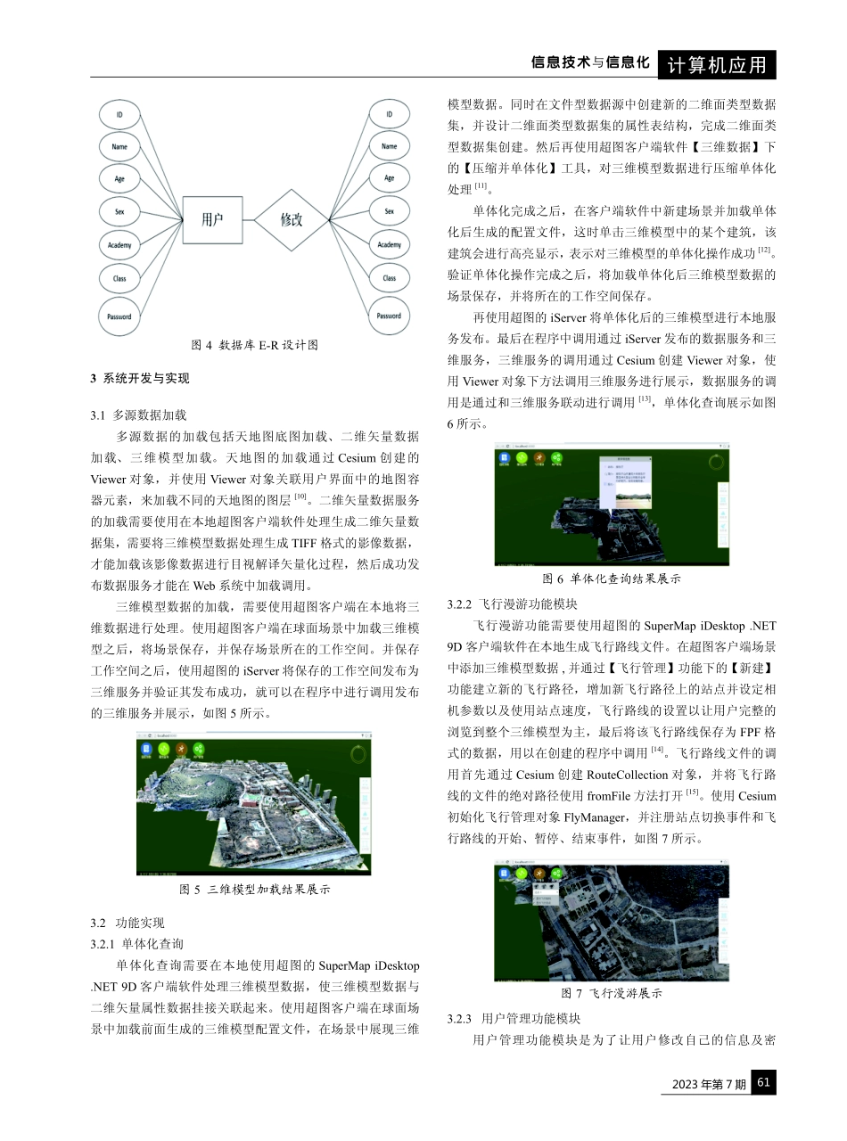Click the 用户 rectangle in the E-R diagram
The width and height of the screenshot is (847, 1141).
[x=212, y=219]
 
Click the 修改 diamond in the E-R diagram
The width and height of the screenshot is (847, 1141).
[x=292, y=219]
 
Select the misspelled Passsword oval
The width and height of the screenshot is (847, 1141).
[x=119, y=316]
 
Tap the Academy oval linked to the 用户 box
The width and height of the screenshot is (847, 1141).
[x=119, y=244]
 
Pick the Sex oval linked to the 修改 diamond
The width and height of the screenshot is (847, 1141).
[x=389, y=211]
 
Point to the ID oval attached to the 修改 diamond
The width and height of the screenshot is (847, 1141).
[x=389, y=114]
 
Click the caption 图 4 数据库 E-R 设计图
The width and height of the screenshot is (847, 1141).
[x=255, y=345]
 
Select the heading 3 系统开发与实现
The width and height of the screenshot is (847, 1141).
[x=140, y=378]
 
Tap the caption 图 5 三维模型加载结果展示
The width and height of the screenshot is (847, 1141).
[x=255, y=889]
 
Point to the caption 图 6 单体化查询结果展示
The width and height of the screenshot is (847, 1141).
[x=611, y=579]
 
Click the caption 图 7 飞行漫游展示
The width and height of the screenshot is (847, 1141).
[x=611, y=993]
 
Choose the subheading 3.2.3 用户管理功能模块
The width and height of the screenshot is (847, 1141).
[x=514, y=1018]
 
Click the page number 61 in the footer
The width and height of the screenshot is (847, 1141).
[x=764, y=1083]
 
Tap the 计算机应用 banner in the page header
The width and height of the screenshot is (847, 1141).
[x=717, y=65]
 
